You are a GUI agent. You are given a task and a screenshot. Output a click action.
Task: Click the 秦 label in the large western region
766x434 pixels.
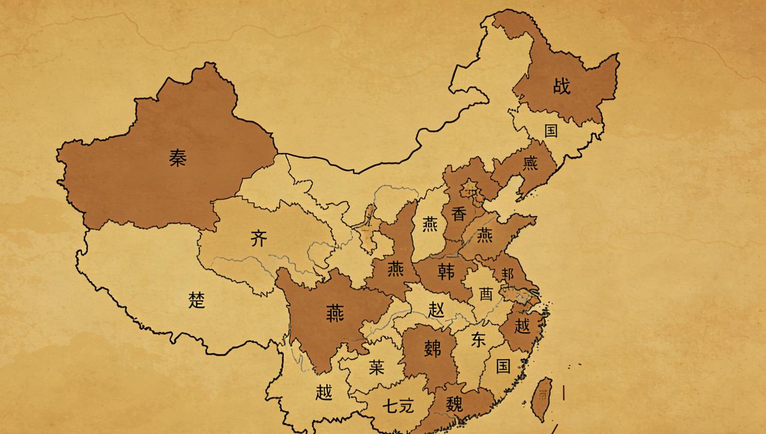177,157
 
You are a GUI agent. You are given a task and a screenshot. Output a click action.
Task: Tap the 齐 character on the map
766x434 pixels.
258,239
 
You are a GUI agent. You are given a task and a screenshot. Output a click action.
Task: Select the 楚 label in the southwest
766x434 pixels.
197,300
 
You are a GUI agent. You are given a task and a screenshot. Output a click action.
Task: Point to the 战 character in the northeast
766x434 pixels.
562,86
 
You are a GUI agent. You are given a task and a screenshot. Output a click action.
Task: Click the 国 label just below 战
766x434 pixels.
550,131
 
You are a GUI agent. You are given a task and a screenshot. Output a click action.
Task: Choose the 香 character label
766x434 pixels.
459,214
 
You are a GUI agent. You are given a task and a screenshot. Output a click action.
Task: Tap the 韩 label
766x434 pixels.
446,271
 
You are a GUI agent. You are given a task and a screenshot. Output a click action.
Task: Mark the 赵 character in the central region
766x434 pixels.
436,310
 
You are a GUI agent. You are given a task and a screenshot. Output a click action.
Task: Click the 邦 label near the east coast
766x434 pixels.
508,274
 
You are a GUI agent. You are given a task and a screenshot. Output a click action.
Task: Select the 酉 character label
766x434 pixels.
485,294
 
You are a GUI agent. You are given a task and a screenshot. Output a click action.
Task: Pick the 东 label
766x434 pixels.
478,340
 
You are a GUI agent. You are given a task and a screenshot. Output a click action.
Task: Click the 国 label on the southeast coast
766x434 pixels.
503,366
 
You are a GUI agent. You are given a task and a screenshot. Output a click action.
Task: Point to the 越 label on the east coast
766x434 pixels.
522,326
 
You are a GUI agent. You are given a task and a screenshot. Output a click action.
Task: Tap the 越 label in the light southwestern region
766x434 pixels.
324,393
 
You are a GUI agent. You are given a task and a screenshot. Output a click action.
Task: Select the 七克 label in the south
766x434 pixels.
398,406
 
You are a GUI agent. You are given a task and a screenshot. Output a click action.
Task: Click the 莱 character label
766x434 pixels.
376,367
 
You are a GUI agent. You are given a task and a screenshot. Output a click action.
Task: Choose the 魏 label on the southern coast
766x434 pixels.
454,405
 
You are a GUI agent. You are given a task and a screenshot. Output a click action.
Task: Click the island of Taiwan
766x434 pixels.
542,397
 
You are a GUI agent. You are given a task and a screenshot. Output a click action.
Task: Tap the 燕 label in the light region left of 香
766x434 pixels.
430,225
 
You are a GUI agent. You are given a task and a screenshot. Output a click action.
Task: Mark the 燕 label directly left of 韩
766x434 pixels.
395,270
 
